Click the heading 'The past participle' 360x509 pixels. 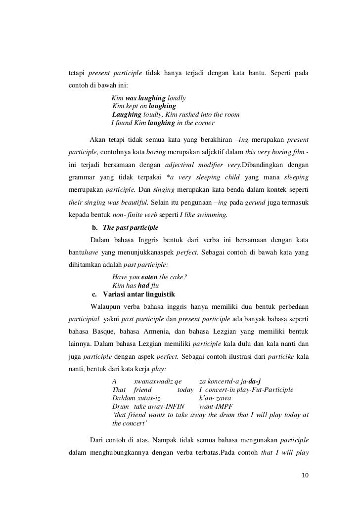click(129, 228)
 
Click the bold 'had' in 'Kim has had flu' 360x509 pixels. click(143, 286)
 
